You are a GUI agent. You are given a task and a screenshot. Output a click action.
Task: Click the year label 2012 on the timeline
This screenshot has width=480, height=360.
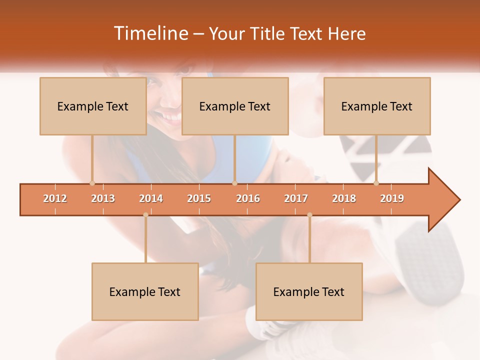pyautogui.click(x=55, y=198)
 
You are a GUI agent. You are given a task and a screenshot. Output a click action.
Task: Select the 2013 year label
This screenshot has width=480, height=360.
pyautogui.click(x=103, y=198)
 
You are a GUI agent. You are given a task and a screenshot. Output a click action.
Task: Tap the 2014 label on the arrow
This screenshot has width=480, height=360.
pyautogui.click(x=151, y=198)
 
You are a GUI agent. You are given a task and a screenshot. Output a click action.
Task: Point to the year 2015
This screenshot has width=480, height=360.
pyautogui.click(x=199, y=198)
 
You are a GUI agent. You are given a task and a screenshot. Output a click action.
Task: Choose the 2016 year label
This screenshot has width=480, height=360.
pyautogui.click(x=248, y=198)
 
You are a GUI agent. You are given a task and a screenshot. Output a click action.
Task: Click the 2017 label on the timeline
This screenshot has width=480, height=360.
pyautogui.click(x=296, y=198)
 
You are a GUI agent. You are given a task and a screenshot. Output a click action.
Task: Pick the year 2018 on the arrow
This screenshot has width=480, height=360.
pyautogui.click(x=344, y=198)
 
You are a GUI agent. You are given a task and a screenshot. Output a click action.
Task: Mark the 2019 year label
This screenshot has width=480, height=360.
pyautogui.click(x=392, y=198)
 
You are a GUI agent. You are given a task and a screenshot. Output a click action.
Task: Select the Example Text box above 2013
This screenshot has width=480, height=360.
pyautogui.click(x=93, y=106)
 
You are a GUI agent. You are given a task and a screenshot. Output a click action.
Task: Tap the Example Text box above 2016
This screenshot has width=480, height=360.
pyautogui.click(x=235, y=106)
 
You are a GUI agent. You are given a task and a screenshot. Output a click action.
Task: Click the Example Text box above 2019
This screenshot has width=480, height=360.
pyautogui.click(x=377, y=106)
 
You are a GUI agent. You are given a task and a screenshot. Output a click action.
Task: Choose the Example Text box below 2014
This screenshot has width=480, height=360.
pyautogui.click(x=145, y=291)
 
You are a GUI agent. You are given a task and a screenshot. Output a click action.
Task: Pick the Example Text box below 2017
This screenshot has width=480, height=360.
pyautogui.click(x=309, y=291)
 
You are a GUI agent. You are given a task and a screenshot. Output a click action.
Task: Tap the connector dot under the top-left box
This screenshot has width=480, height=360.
pyautogui.click(x=92, y=183)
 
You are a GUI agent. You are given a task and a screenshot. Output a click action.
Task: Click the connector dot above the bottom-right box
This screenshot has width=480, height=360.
pyautogui.click(x=309, y=215)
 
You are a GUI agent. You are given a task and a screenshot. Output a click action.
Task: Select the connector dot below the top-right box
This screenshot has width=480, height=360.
pyautogui.click(x=376, y=183)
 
